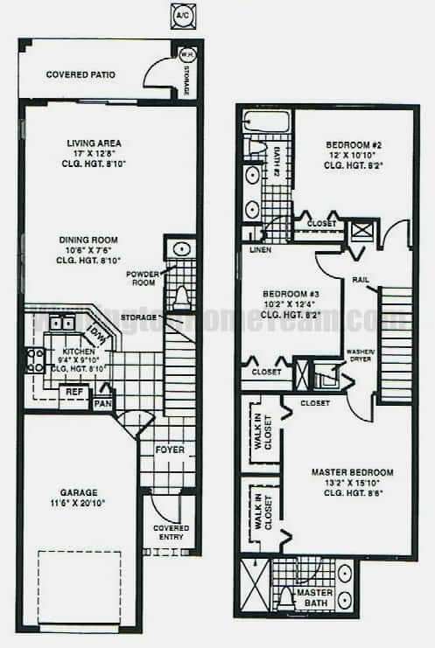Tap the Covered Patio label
click(81, 75)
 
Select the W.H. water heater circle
click(186, 54)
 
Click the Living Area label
click(94, 143)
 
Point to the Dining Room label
click(88, 240)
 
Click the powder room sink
click(180, 249)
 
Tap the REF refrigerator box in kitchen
click(75, 393)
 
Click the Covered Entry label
click(171, 533)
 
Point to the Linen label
click(259, 250)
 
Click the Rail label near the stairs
click(360, 281)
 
